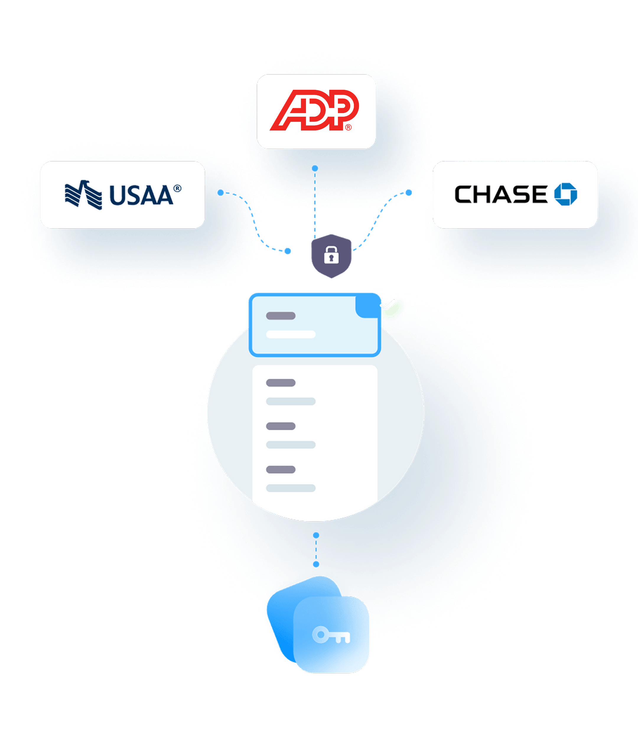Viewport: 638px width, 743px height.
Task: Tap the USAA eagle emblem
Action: (83, 195)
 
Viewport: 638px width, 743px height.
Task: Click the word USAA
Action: (141, 195)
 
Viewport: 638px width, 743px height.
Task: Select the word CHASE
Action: (501, 194)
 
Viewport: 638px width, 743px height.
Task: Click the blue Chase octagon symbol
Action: (566, 194)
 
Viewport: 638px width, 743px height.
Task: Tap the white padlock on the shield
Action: (331, 255)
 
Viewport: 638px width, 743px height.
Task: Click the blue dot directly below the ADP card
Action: (315, 168)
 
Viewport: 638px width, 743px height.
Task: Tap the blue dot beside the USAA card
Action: (221, 193)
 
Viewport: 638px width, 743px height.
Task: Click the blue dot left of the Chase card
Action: (408, 193)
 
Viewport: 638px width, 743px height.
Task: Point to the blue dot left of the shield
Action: (288, 251)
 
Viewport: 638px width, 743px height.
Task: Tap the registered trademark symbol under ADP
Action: (348, 127)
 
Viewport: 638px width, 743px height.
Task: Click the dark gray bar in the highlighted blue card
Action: (280, 316)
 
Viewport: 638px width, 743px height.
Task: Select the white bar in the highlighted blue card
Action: (290, 334)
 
